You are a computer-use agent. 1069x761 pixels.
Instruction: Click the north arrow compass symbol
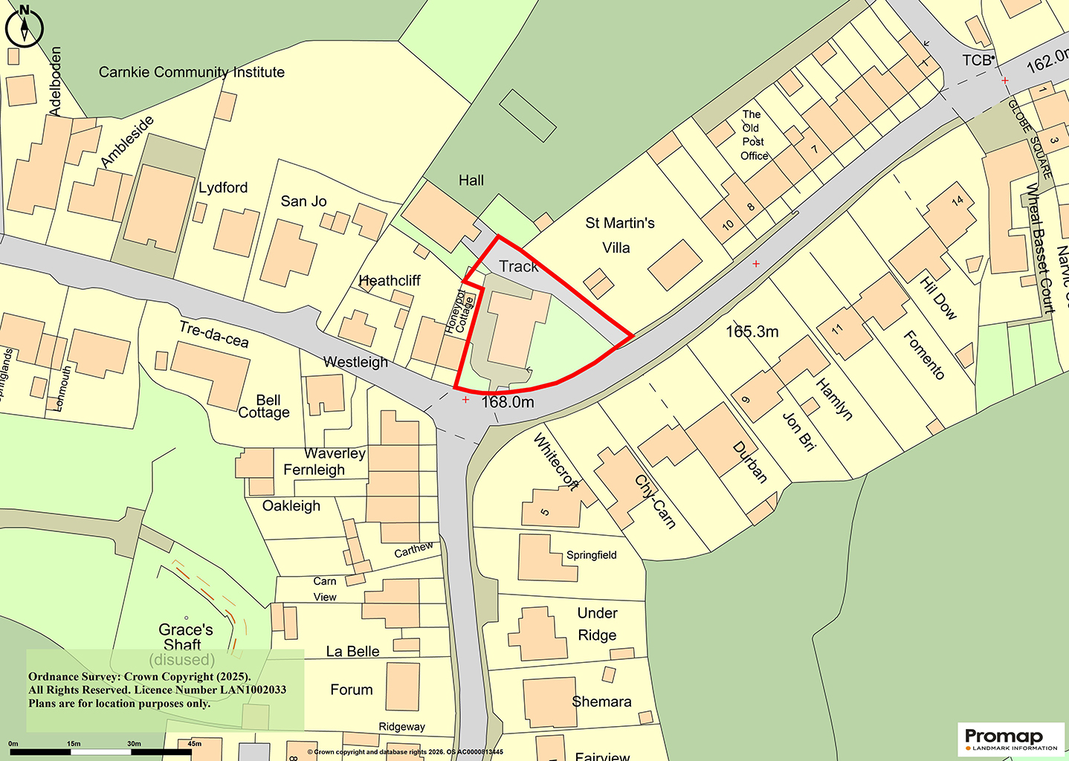pos(25,26)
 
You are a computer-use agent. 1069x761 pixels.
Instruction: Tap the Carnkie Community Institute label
pos(192,72)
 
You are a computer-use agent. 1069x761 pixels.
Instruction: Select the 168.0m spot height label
pos(508,402)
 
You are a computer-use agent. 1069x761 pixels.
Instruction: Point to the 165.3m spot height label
pos(752,331)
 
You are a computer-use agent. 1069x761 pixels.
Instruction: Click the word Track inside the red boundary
pos(518,266)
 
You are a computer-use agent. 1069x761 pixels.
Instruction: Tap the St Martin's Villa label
pos(619,235)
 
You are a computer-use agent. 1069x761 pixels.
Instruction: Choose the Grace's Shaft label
pos(185,638)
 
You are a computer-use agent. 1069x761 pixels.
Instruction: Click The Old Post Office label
pos(754,135)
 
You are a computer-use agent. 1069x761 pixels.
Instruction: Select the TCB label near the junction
pos(977,60)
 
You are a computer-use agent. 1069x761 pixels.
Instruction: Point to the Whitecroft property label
pos(556,462)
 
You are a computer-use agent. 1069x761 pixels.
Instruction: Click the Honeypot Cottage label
pos(460,311)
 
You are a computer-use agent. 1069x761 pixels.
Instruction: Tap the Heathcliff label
pos(390,281)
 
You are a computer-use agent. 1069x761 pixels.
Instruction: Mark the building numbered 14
pos(957,200)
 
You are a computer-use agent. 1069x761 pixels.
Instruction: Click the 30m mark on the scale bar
pos(134,744)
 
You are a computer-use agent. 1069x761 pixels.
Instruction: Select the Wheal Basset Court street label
pos(1040,248)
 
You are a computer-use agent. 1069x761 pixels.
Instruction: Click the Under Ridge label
pos(598,624)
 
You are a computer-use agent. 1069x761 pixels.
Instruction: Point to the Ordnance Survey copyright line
pos(140,677)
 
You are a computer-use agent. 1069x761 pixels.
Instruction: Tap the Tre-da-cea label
pos(214,334)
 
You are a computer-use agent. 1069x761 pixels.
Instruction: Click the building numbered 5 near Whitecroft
pos(545,512)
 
